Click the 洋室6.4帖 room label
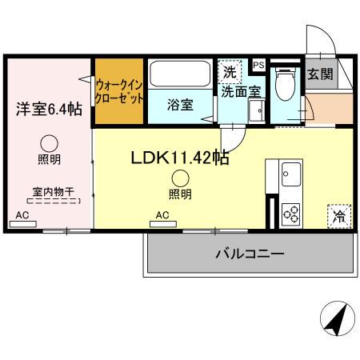[x=46, y=110]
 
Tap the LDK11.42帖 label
[x=180, y=158]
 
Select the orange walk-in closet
[x=119, y=90]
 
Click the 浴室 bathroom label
[x=179, y=105]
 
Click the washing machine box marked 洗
[x=230, y=72]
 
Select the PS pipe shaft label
[x=258, y=65]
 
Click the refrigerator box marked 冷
[x=339, y=215]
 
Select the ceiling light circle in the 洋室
[x=50, y=143]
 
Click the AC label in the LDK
[x=162, y=215]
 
